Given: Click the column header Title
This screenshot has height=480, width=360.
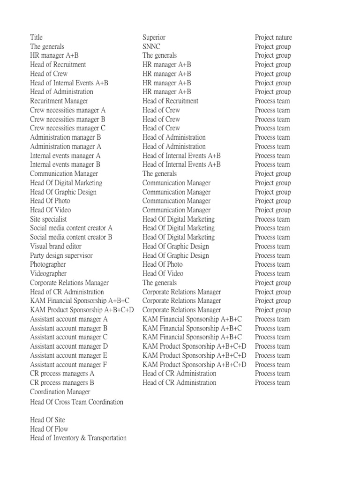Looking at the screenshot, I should tap(36, 37).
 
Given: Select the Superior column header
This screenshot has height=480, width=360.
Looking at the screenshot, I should tap(154, 37).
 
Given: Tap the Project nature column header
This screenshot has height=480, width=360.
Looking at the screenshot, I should tap(273, 37).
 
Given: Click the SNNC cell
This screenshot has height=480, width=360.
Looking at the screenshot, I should tap(151, 46).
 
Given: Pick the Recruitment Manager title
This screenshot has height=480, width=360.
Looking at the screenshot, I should tap(59, 101).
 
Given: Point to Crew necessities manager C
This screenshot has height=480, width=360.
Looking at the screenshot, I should tap(67, 128).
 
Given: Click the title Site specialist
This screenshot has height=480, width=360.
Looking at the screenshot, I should tap(48, 219).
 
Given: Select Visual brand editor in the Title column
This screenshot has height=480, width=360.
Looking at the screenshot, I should tap(56, 246).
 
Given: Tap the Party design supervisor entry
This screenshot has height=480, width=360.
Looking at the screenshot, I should tap(61, 255).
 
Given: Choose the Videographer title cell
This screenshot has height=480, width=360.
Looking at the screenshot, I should tap(48, 273).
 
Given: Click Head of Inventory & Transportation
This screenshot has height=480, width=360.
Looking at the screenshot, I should tap(78, 438).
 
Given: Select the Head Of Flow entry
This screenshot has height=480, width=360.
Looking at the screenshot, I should tap(49, 429).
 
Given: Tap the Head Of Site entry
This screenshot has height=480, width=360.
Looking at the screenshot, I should tap(47, 420).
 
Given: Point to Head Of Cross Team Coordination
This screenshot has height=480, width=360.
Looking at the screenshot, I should tap(76, 402).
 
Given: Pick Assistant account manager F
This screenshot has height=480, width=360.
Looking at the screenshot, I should tap(68, 364).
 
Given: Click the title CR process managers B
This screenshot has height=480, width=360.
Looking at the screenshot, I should tap(62, 382).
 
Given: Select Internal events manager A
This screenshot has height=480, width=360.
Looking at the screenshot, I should tap(65, 156).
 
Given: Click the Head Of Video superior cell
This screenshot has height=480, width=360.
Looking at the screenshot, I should tap(163, 273).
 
